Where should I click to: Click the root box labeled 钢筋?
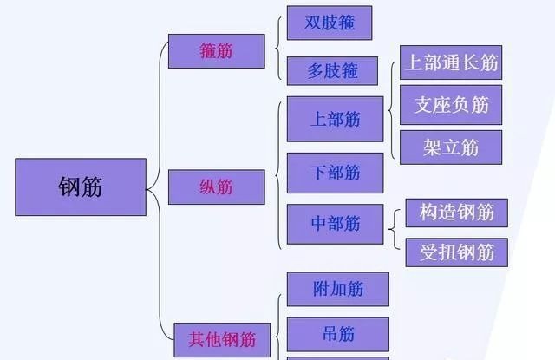pos(80,187)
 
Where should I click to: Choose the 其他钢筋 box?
pos(222,337)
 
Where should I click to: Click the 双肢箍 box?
pos(329,23)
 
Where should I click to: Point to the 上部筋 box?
pos(335,119)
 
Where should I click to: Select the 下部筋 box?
pos(335,173)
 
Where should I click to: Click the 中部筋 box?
pos(335,224)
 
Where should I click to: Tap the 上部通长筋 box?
pos(451,62)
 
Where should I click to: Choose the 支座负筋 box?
pos(451,105)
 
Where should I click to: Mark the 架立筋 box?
pos(451,147)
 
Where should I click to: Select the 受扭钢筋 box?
pos(456,252)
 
